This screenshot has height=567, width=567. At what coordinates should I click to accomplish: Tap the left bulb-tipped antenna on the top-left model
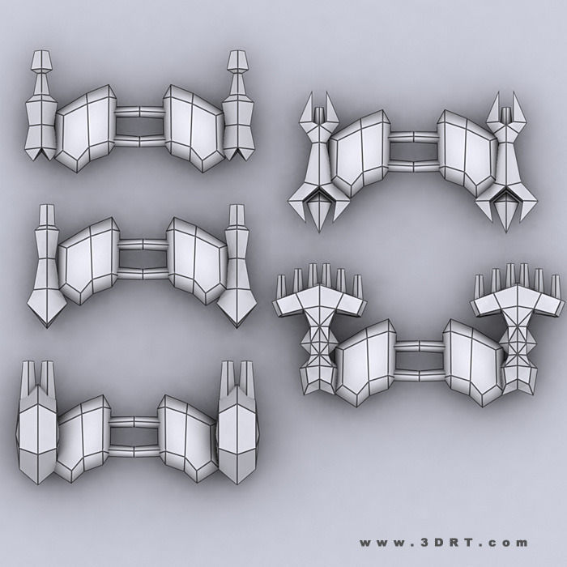click(x=41, y=65)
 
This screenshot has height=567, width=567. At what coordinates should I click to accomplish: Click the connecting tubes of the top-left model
click(x=139, y=129)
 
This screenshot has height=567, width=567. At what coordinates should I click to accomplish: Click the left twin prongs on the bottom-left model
click(x=39, y=377)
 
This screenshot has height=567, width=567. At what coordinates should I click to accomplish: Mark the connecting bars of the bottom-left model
click(x=134, y=433)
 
